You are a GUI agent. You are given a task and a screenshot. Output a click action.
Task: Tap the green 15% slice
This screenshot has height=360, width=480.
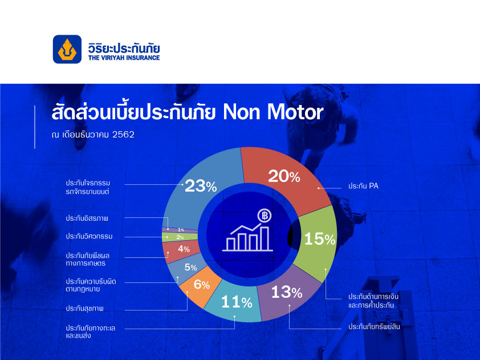pyautogui.click(x=318, y=242)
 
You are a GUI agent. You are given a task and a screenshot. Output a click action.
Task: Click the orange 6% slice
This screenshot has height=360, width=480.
pyautogui.click(x=201, y=286)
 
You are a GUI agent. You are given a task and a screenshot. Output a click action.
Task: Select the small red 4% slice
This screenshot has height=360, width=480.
pyautogui.click(x=181, y=250)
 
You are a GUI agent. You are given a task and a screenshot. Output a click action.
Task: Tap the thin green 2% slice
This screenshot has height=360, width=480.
pyautogui.click(x=180, y=237)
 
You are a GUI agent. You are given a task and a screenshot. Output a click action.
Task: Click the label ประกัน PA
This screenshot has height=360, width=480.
pyautogui.click(x=363, y=186)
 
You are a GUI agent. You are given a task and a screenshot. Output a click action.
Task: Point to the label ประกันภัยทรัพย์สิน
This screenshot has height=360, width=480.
pyautogui.click(x=374, y=327)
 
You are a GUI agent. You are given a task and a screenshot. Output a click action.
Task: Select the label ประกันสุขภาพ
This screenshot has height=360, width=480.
pyautogui.click(x=85, y=309)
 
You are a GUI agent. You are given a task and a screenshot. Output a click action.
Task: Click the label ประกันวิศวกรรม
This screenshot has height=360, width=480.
pyautogui.click(x=89, y=237)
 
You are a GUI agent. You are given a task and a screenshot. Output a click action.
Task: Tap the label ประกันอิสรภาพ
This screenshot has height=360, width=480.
pyautogui.click(x=87, y=219)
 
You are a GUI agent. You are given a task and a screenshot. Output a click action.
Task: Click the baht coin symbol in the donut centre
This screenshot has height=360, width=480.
pyautogui.click(x=265, y=216)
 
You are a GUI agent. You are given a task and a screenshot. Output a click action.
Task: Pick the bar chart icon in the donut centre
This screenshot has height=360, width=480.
pyautogui.click(x=247, y=237)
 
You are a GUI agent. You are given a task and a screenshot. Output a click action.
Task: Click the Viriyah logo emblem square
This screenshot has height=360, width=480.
pyautogui.click(x=67, y=49)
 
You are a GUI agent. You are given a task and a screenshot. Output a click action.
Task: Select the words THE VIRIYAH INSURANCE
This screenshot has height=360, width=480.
pyautogui.click(x=124, y=58)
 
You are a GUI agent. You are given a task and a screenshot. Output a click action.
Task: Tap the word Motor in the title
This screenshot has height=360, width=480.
pyautogui.click(x=295, y=112)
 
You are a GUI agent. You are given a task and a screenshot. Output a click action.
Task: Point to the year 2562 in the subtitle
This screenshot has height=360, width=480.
pyautogui.click(x=123, y=135)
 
